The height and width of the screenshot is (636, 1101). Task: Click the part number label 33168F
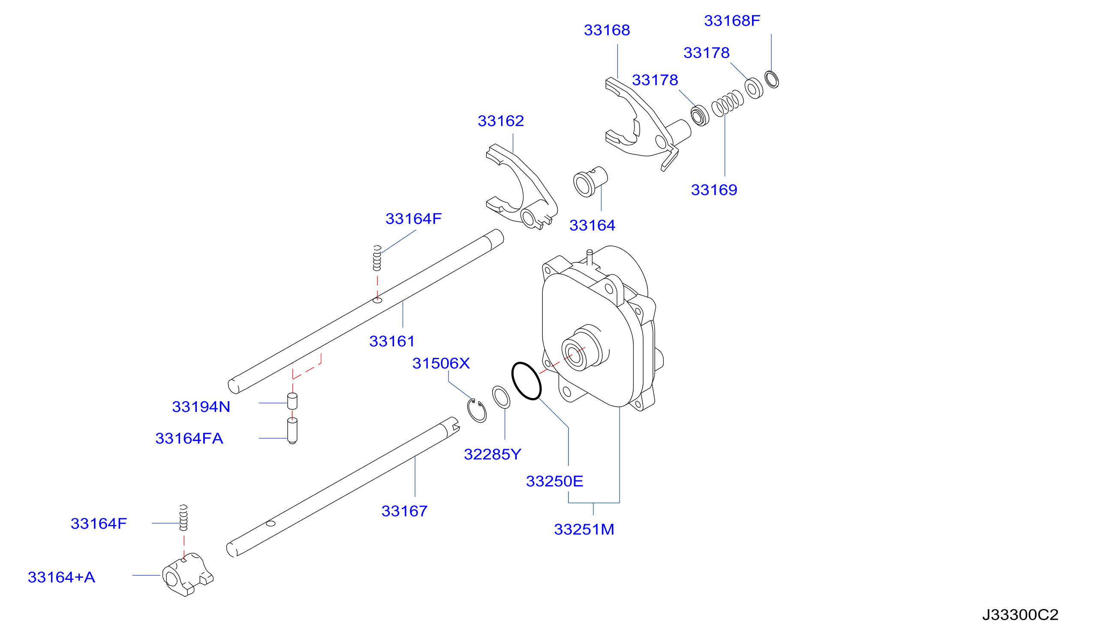[x=732, y=21]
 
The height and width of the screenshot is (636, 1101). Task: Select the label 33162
[x=501, y=120]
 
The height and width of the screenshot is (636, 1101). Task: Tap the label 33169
[x=714, y=189]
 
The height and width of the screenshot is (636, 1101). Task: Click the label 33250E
[x=554, y=481]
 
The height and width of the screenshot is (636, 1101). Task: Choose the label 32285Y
[x=492, y=454]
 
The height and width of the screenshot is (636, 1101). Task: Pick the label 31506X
[x=441, y=363]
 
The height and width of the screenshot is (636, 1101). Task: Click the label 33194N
[x=201, y=407]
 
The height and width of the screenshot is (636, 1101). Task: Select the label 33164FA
[x=189, y=438]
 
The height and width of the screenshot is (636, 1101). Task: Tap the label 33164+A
[x=61, y=577]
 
